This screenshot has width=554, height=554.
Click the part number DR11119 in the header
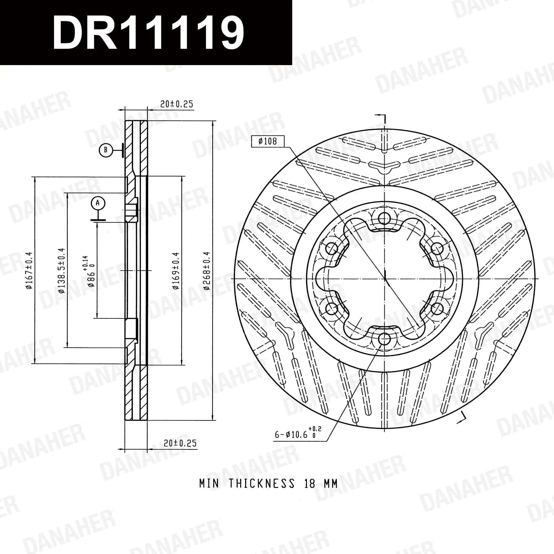[148, 32]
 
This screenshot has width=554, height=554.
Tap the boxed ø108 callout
[268, 141]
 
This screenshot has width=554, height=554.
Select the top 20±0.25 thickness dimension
[177, 104]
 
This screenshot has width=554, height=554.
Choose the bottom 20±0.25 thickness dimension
[180, 443]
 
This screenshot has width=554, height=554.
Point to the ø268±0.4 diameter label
[207, 271]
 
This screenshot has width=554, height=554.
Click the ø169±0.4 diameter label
[176, 271]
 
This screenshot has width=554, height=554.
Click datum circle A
[98, 203]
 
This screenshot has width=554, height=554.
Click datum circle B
[106, 150]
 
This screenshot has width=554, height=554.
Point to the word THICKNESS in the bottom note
[261, 484]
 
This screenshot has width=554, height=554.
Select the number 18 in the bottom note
[310, 484]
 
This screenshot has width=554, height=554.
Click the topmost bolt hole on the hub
[384, 219]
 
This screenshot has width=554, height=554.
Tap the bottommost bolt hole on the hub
[384, 340]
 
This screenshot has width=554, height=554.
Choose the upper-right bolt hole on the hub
[437, 248]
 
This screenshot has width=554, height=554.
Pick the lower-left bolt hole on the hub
[332, 309]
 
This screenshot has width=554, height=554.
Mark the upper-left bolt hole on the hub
[332, 248]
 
